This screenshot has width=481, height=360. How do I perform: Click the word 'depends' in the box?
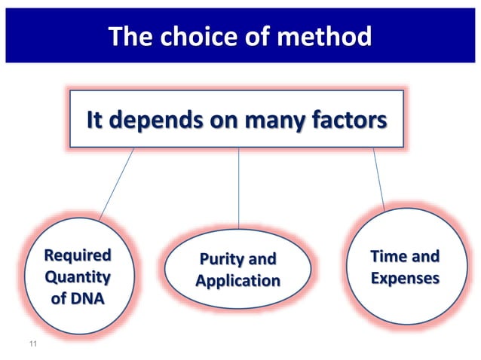163,121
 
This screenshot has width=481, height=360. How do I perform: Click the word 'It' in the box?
95,121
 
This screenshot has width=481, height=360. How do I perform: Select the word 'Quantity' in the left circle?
78,276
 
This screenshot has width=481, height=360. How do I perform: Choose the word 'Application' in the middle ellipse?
237,282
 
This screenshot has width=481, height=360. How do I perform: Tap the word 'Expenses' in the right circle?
405,278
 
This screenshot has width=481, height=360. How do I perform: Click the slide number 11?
32,345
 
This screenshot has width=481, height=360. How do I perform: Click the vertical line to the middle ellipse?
239,188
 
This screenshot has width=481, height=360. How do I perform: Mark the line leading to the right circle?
379,179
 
